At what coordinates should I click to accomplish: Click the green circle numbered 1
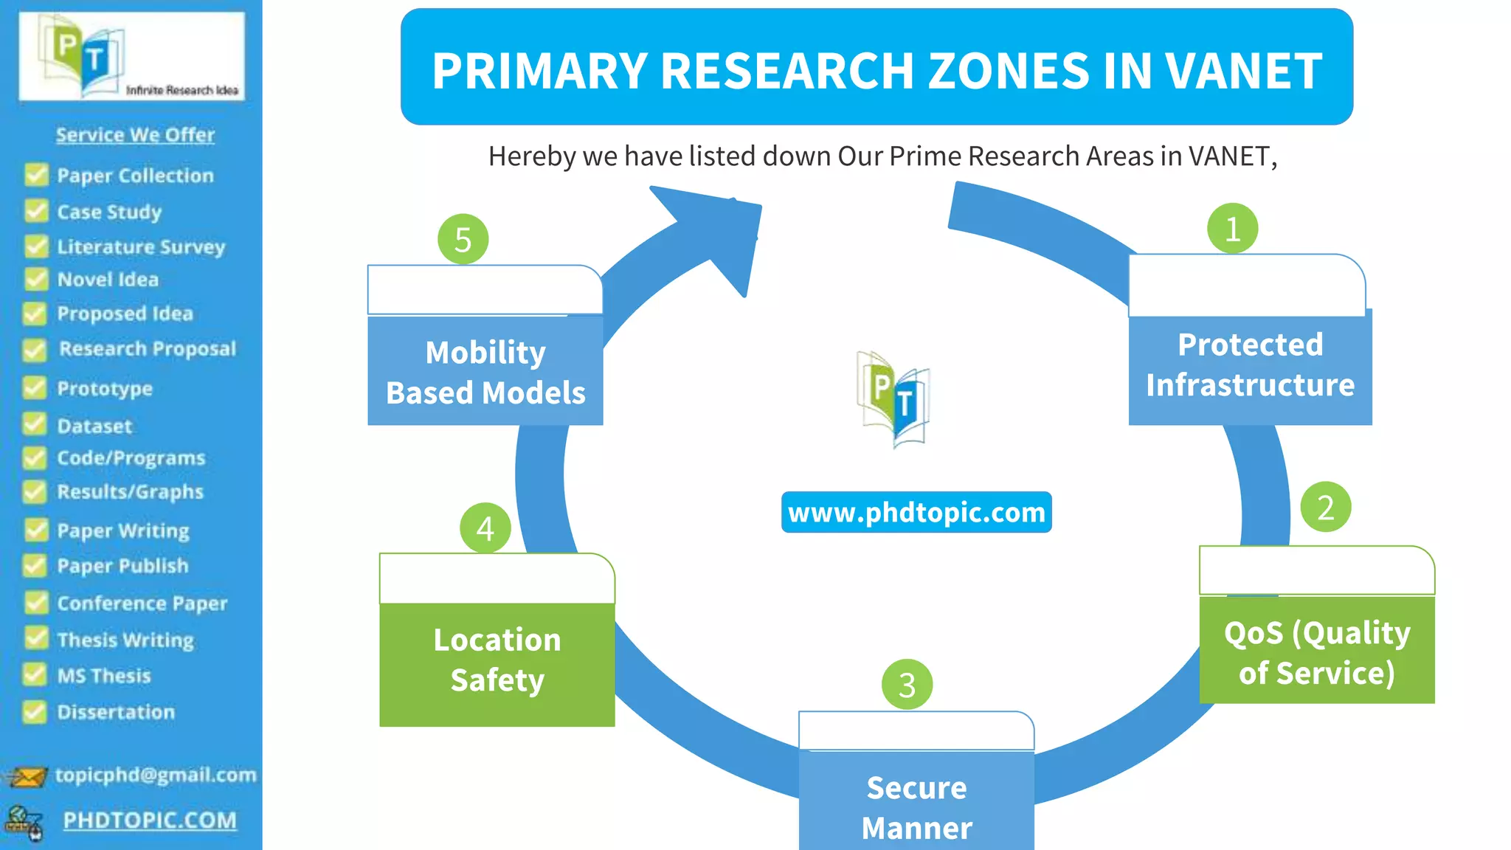(x=1232, y=229)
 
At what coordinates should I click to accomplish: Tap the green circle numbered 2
(x=1325, y=507)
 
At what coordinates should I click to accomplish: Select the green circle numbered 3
(x=907, y=684)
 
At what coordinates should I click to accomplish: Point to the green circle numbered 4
(x=485, y=528)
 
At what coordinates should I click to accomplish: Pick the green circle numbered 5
(x=463, y=239)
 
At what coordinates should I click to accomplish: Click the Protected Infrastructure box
(x=1250, y=365)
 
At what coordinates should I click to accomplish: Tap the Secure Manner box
(x=916, y=804)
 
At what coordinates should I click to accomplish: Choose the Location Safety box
(x=497, y=661)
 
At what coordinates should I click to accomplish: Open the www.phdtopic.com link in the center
(x=916, y=512)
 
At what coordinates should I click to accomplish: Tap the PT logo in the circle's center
(x=893, y=399)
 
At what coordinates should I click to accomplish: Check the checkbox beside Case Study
(x=36, y=211)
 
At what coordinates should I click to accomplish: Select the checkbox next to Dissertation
(x=35, y=711)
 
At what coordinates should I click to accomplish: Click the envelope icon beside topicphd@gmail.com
(x=27, y=776)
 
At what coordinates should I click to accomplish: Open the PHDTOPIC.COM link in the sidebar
(x=150, y=820)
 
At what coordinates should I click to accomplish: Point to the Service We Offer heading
(x=135, y=134)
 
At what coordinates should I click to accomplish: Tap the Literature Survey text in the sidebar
(x=141, y=246)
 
